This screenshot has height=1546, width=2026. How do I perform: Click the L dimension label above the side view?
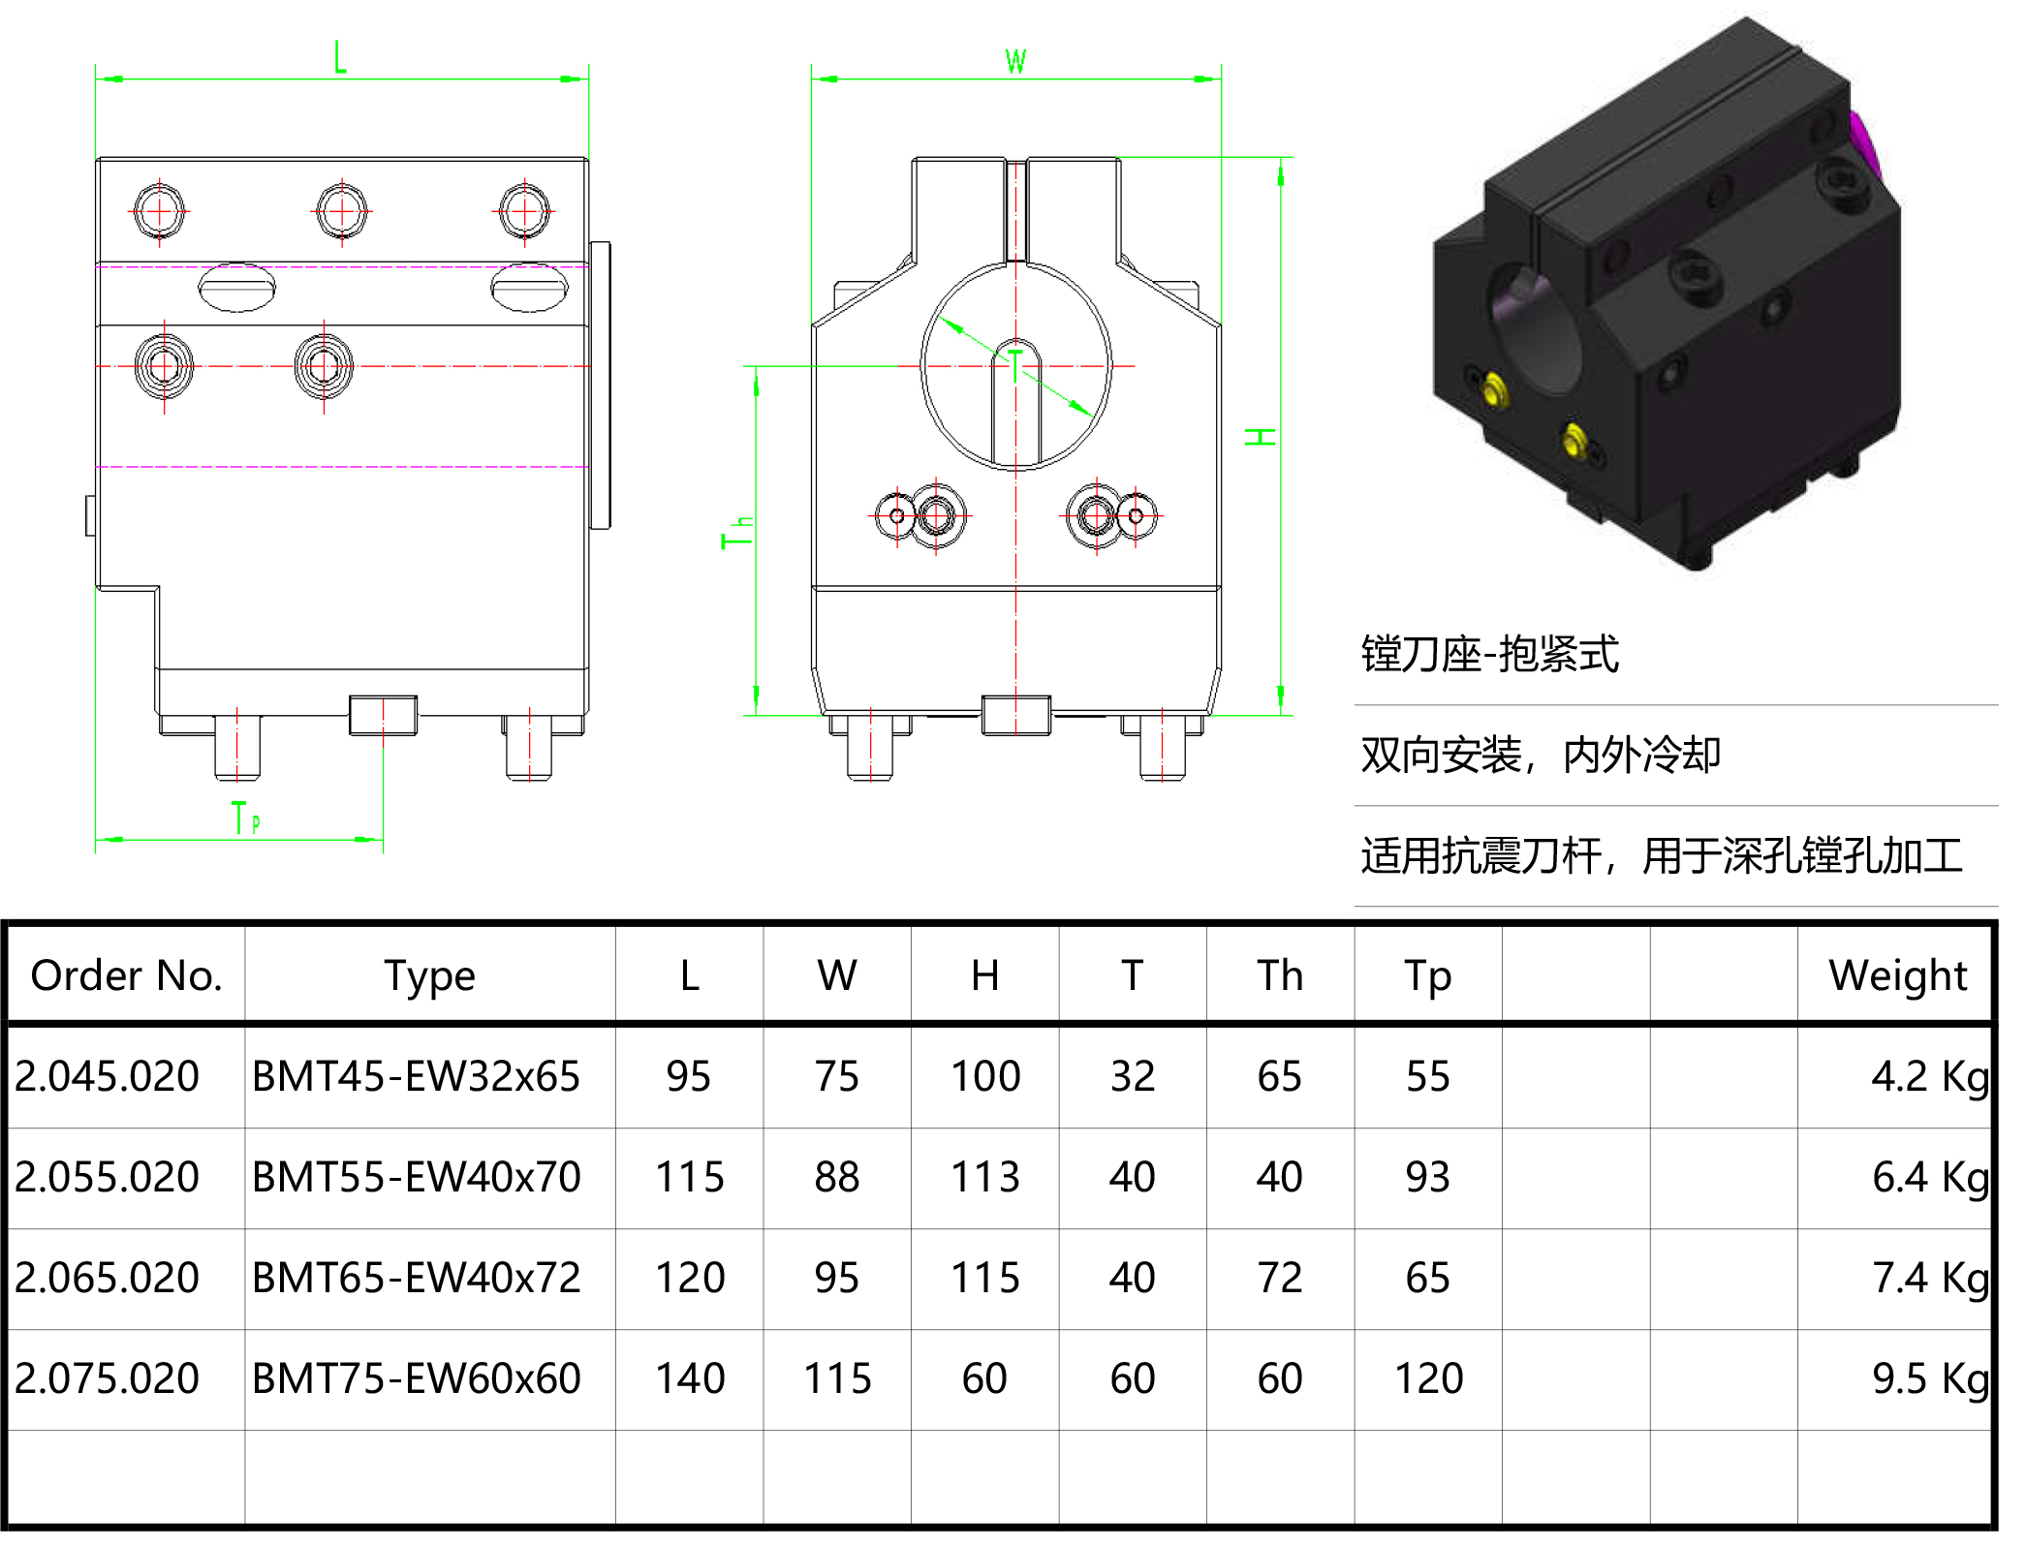[x=339, y=57]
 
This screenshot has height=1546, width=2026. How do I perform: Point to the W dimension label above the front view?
[x=1014, y=62]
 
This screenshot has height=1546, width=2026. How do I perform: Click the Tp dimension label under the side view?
[x=245, y=819]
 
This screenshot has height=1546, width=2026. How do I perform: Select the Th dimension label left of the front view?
[x=736, y=532]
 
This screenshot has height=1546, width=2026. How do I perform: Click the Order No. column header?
[x=126, y=975]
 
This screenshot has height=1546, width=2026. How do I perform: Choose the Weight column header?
[x=1896, y=975]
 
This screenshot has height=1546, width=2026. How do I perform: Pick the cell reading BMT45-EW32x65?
[x=416, y=1076]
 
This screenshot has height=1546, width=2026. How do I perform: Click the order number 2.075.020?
[x=107, y=1378]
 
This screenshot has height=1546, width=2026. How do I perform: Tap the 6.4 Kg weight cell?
[x=1928, y=1177]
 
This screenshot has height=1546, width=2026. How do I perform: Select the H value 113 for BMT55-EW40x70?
[x=984, y=1177]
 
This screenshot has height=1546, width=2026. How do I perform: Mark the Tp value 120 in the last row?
[x=1427, y=1378]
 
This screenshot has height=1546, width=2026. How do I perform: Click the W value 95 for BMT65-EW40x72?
[x=836, y=1278]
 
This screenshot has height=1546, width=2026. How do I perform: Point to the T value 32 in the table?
[x=1132, y=1076]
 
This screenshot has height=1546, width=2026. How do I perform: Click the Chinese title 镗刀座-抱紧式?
[x=1489, y=655]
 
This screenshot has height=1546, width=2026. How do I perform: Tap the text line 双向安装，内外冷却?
[x=1541, y=756]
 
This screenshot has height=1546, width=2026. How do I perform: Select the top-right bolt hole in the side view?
[x=524, y=210]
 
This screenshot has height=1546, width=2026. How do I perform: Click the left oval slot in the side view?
[x=236, y=288]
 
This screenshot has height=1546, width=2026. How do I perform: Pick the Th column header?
[x=1279, y=975]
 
